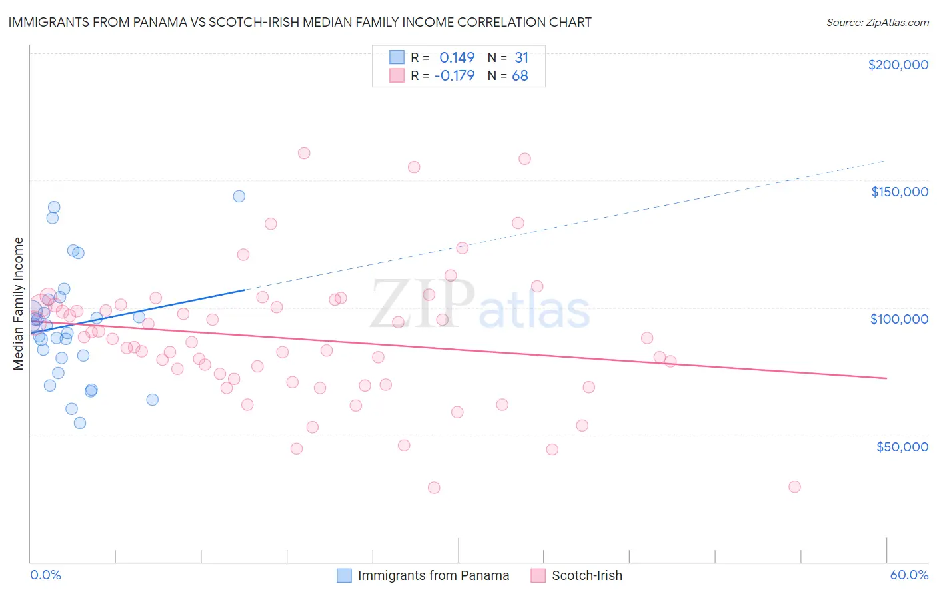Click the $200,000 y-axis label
pyautogui.click(x=898, y=65)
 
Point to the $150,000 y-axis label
pyautogui.click(x=899, y=192)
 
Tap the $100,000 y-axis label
pyautogui.click(x=899, y=319)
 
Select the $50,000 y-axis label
pyautogui.click(x=902, y=447)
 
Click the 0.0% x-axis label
pyautogui.click(x=45, y=575)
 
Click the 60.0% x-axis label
pyautogui.click(x=909, y=575)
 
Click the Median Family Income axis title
pyautogui.click(x=19, y=304)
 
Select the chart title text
pyautogui.click(x=300, y=22)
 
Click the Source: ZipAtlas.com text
pyautogui.click(x=877, y=22)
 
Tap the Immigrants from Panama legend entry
pyautogui.click(x=433, y=575)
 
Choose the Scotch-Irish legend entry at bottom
pyautogui.click(x=586, y=575)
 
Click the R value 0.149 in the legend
pyautogui.click(x=457, y=57)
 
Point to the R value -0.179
pyautogui.click(x=454, y=75)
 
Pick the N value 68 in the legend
pyautogui.click(x=520, y=75)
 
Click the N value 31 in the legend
pyautogui.click(x=521, y=57)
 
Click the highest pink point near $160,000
pyautogui.click(x=304, y=153)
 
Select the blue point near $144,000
pyautogui.click(x=239, y=196)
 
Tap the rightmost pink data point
pyautogui.click(x=794, y=487)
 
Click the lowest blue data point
pyautogui.click(x=80, y=423)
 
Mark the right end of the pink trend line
pyautogui.click(x=886, y=378)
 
